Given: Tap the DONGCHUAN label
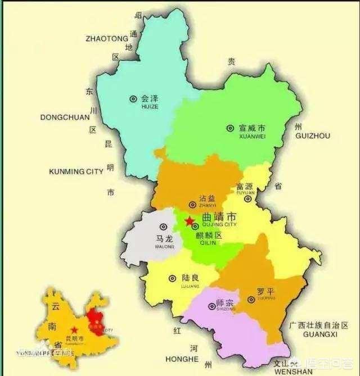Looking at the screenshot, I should pos(65,117).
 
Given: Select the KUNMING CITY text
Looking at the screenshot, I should pos(76,171).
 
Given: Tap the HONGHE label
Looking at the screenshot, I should pos(182,359).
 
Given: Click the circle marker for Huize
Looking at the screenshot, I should pos(133,98).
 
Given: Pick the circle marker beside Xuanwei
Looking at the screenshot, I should pos(230,128).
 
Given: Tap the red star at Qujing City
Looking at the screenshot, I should pos(190,220).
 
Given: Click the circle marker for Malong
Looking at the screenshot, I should pos(163,226).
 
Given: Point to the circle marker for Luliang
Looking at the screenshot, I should pos(172,278).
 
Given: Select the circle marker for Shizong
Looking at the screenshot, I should pos(211,306).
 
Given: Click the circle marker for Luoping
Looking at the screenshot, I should pos(251,300).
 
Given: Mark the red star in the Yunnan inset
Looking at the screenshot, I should pos(72,330).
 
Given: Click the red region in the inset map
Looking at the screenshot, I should pos(95,321).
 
